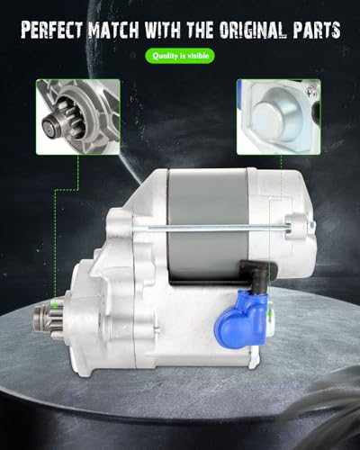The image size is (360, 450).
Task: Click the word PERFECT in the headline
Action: (x=51, y=30)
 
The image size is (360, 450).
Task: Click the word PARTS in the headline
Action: (x=317, y=30)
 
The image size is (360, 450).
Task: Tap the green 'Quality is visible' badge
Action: (x=180, y=56)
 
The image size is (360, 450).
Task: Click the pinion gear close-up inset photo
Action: (x=78, y=117)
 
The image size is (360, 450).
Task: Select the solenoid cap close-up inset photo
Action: (x=278, y=117)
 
